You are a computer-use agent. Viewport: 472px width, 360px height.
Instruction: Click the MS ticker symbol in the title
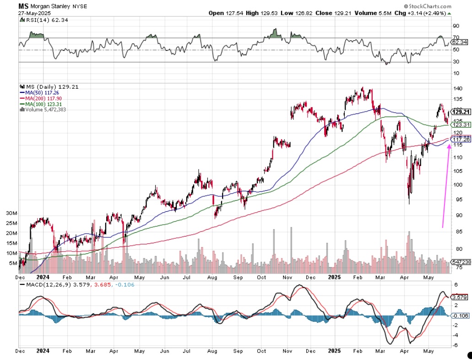pyautogui.click(x=23, y=6)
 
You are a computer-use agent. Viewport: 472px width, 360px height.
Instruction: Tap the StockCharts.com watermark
pyautogui.click(x=428, y=6)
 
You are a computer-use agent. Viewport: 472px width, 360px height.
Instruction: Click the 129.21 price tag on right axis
pyautogui.click(x=461, y=112)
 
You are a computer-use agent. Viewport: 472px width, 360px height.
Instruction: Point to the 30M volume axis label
pyautogui.click(x=11, y=214)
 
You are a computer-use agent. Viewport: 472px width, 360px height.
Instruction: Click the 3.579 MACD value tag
pyautogui.click(x=460, y=297)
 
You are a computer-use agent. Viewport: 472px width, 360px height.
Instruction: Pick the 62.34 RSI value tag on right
pyautogui.click(x=459, y=42)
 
